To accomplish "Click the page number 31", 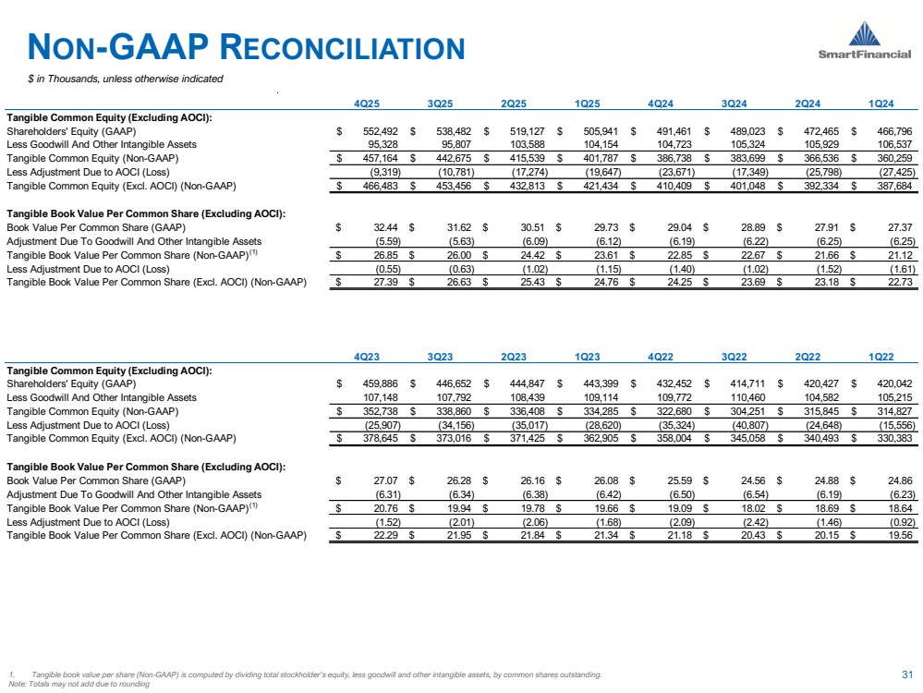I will [x=905, y=673].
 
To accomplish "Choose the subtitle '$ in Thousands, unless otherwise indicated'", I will [x=126, y=79].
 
